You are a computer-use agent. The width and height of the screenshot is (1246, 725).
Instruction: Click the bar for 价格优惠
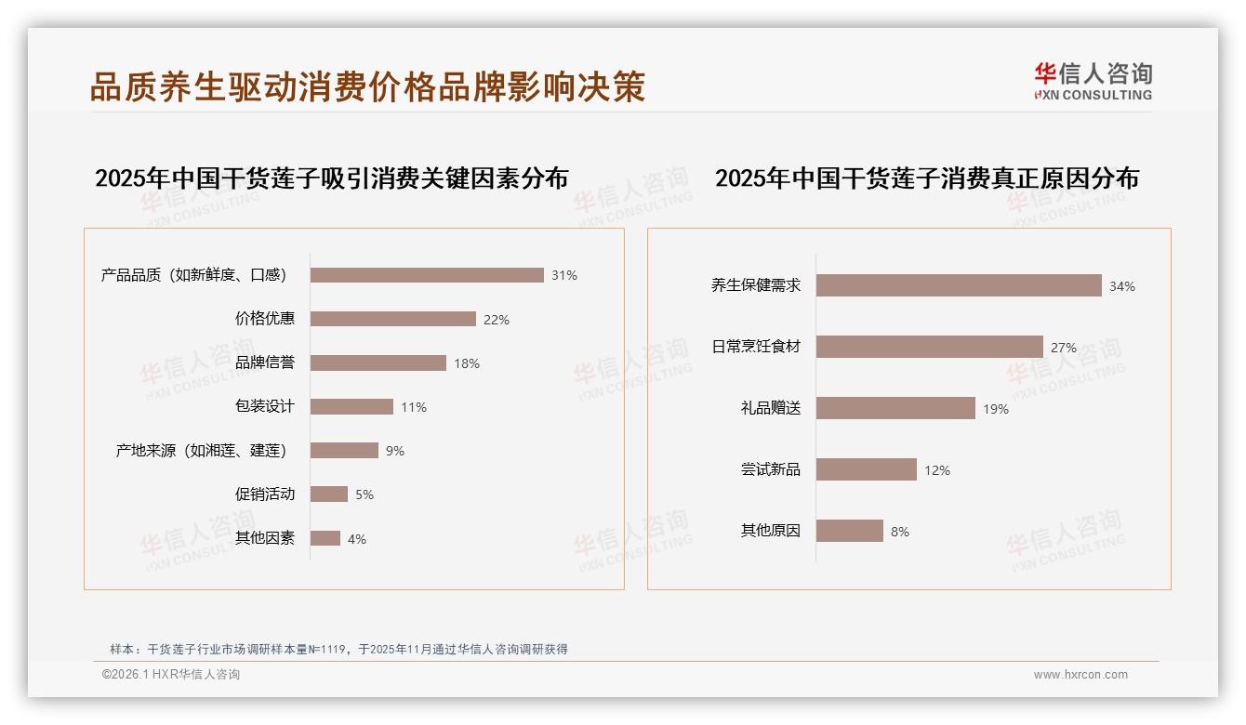392,319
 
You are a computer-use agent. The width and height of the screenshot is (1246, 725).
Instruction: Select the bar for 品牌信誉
378,362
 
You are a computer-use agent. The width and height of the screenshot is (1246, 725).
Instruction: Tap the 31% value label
563,275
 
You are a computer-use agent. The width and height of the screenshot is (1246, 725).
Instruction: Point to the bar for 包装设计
351,406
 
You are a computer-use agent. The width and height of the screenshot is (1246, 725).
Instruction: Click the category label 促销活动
264,494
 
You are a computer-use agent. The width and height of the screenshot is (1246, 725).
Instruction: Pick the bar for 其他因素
325,538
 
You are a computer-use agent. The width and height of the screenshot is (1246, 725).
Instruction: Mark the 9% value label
394,451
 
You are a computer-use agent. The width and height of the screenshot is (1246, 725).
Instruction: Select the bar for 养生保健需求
959,285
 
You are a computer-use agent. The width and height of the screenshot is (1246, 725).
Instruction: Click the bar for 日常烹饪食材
929,347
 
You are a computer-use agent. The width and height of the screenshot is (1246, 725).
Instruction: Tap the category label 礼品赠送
770,408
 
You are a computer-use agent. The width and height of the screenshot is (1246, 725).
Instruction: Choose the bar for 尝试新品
866,469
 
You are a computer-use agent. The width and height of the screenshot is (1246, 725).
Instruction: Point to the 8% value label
899,532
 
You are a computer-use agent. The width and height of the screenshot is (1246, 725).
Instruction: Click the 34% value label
1121,286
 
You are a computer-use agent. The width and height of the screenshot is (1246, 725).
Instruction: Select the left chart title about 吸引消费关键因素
331,178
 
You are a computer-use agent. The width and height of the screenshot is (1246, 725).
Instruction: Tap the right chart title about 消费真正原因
926,178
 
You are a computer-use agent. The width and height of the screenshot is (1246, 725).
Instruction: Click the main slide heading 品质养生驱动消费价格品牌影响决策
367,86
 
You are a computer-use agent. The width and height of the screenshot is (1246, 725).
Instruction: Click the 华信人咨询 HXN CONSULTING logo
1093,82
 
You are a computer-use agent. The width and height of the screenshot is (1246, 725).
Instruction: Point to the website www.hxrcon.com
1080,675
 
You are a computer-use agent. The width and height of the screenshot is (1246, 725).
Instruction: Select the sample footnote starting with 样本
338,650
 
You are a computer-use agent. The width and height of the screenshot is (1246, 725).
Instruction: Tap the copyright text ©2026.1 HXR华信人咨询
171,675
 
